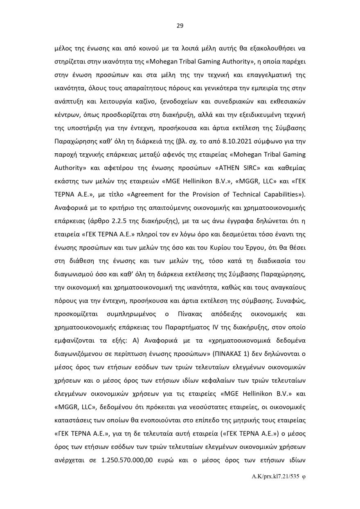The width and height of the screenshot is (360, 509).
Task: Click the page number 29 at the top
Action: click(x=180, y=26)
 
